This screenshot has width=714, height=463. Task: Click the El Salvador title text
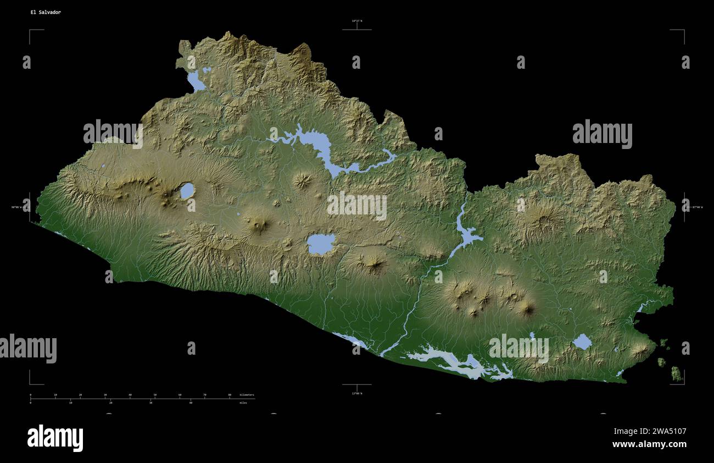(46, 12)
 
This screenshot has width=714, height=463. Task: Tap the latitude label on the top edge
(357, 21)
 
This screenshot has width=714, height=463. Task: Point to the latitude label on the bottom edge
(357, 393)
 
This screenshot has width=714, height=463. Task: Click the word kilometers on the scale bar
(247, 395)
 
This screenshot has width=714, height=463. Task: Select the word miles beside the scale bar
(243, 403)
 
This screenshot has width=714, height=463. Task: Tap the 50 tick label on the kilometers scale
(155, 395)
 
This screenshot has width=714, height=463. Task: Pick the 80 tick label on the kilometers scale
(230, 395)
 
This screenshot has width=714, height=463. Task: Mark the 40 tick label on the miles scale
(191, 403)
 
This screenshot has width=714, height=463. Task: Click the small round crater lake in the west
(187, 191)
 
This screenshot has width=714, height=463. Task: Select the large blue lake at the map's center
(321, 244)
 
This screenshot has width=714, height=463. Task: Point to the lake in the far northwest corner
(196, 81)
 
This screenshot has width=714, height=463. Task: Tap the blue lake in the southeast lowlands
(582, 342)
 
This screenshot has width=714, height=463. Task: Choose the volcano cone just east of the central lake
(375, 264)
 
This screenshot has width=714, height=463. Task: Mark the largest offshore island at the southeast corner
(676, 375)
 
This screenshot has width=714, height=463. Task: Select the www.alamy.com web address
(649, 444)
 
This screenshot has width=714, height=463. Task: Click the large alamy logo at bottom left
(55, 438)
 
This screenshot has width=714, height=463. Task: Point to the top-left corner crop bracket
(31, 31)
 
